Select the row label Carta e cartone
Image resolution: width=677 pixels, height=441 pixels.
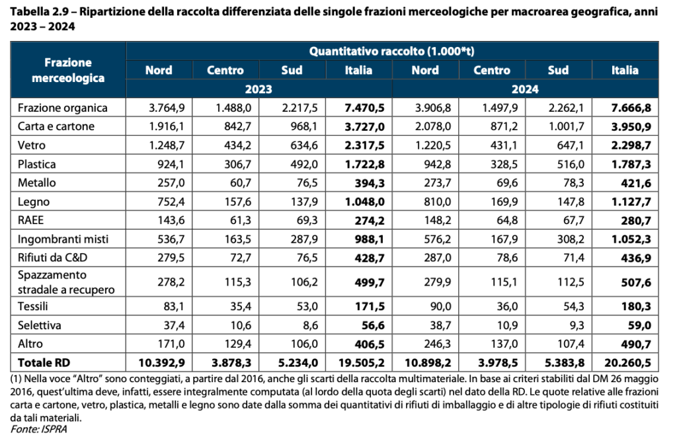pos(56,126)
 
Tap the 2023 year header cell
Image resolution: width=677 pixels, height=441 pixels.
pos(259,89)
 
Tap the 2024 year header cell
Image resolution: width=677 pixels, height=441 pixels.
pos(526,89)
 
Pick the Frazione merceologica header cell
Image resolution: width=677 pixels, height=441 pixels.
pos(69,69)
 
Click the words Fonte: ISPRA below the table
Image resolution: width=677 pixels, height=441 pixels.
pos(38,429)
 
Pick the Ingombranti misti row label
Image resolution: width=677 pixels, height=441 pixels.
pos(62,238)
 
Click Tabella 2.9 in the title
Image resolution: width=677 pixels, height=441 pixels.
pos(34,12)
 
